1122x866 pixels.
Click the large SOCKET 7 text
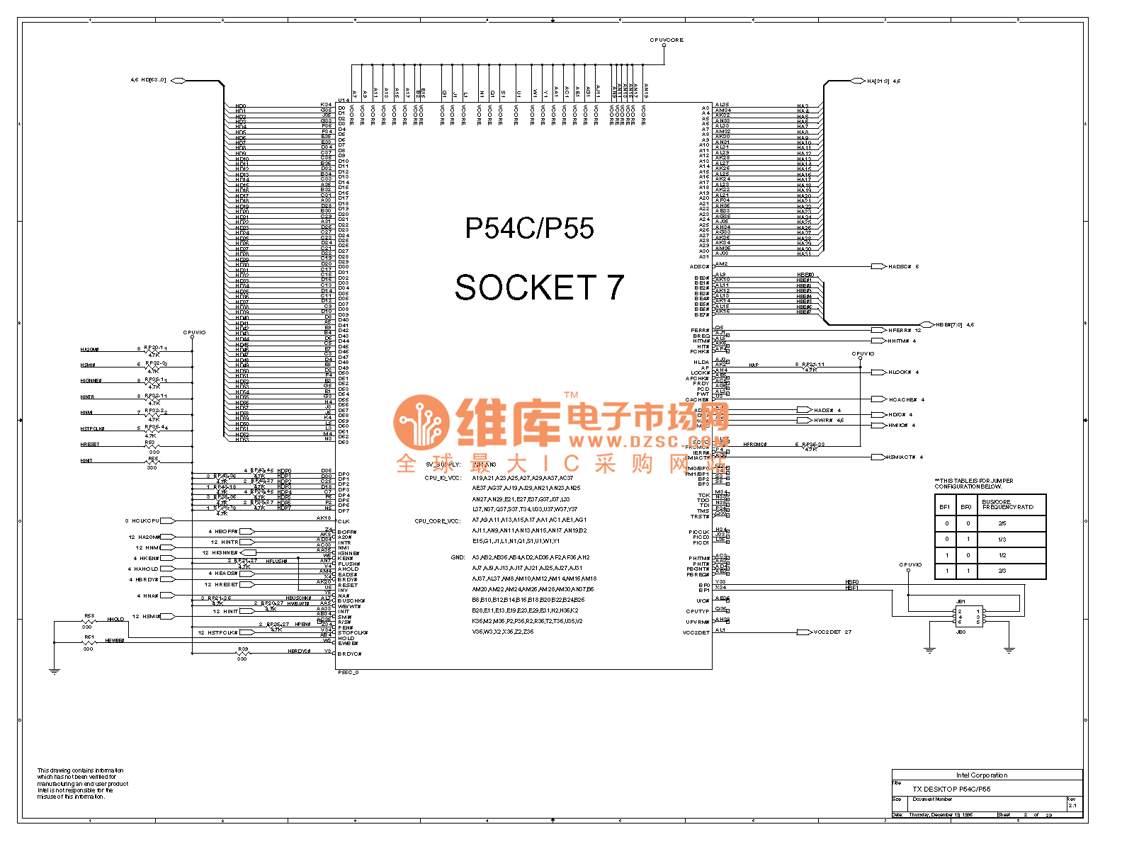pyautogui.click(x=539, y=287)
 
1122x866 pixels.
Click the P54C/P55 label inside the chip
pyautogui.click(x=529, y=228)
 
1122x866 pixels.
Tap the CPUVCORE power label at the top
pyautogui.click(x=667, y=40)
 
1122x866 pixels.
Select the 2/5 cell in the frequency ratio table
pyautogui.click(x=1002, y=524)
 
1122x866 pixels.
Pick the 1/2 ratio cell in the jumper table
pyautogui.click(x=1002, y=555)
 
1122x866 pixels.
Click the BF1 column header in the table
pyautogui.click(x=945, y=507)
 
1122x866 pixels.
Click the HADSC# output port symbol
pyautogui.click(x=878, y=267)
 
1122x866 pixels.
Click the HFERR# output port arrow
pyautogui.click(x=878, y=330)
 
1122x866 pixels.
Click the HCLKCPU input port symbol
pyautogui.click(x=168, y=521)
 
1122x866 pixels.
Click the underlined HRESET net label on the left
pyautogui.click(x=90, y=445)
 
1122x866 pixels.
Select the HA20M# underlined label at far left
pyautogui.click(x=90, y=350)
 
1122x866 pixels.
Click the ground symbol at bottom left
pyautogui.click(x=55, y=671)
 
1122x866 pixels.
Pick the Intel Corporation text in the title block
pyautogui.click(x=982, y=775)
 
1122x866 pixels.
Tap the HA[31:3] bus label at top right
pyautogui.click(x=878, y=81)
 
